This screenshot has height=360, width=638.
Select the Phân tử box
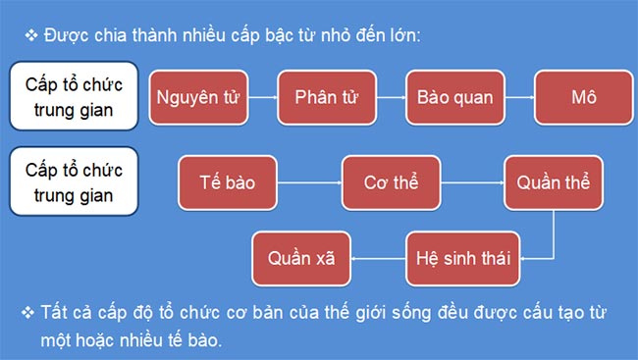(x=324, y=98)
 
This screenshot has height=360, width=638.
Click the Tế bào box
(x=228, y=182)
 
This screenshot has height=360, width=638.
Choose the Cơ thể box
(x=391, y=182)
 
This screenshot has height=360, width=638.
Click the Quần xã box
(x=301, y=259)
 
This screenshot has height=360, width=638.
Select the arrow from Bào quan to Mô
(x=518, y=98)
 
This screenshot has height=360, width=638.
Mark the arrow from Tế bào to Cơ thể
(x=309, y=182)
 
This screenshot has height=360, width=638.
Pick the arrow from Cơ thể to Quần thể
(x=472, y=182)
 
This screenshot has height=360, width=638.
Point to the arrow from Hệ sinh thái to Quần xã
(x=378, y=259)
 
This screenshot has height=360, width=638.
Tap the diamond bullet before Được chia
(x=30, y=35)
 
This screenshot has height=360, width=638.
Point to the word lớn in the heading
(x=400, y=35)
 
